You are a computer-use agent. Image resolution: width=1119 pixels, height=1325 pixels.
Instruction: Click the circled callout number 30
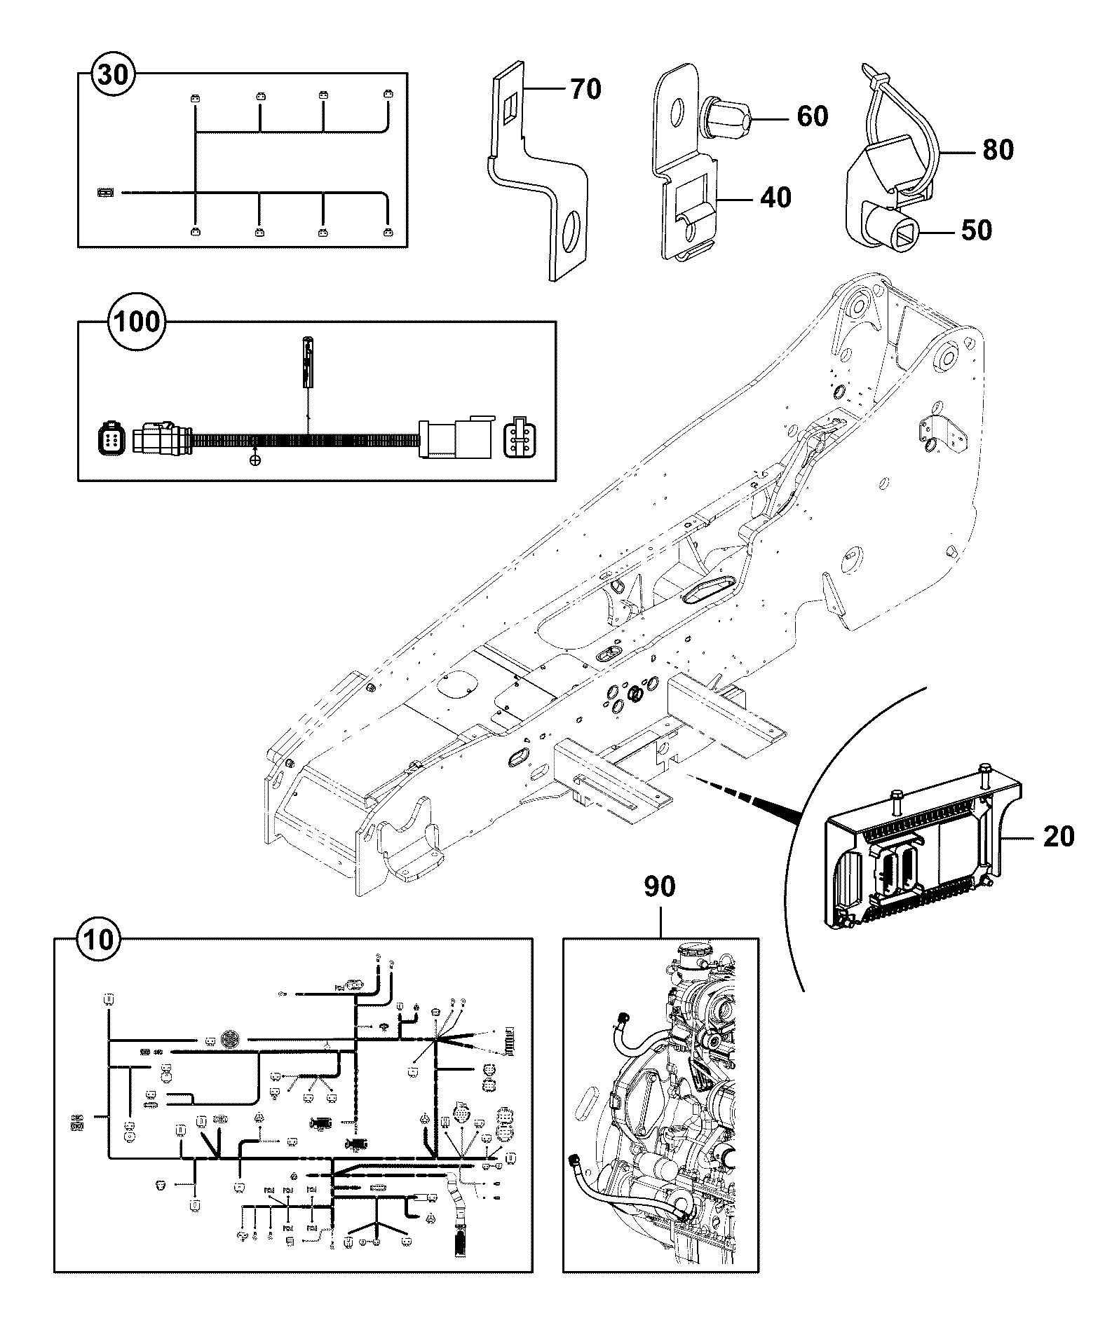[x=114, y=74]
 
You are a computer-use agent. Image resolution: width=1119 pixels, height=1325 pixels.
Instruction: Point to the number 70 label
[x=586, y=89]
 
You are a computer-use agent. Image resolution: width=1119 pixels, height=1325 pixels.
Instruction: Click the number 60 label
[x=813, y=116]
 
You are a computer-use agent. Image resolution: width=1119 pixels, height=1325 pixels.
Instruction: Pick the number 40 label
[x=775, y=198]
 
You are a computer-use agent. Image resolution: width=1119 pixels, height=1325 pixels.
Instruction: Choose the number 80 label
[x=998, y=149]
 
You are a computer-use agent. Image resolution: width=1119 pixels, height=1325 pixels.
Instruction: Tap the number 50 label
[x=977, y=230]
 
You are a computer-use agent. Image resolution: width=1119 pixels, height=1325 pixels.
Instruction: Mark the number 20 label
[x=1059, y=836]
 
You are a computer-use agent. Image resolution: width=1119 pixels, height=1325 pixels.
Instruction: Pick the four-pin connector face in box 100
[x=518, y=438]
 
